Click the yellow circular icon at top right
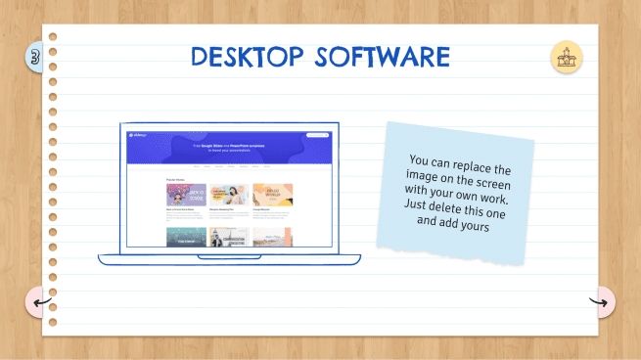[x=566, y=58]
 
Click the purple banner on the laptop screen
[x=231, y=147]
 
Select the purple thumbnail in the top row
[x=186, y=194]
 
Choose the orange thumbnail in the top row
[x=271, y=194]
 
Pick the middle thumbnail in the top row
[x=229, y=194]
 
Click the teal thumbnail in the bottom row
[x=186, y=236]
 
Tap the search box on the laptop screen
[x=317, y=135]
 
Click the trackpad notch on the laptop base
[x=230, y=256]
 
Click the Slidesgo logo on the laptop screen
[x=137, y=135]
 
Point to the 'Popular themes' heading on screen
[x=176, y=180]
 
